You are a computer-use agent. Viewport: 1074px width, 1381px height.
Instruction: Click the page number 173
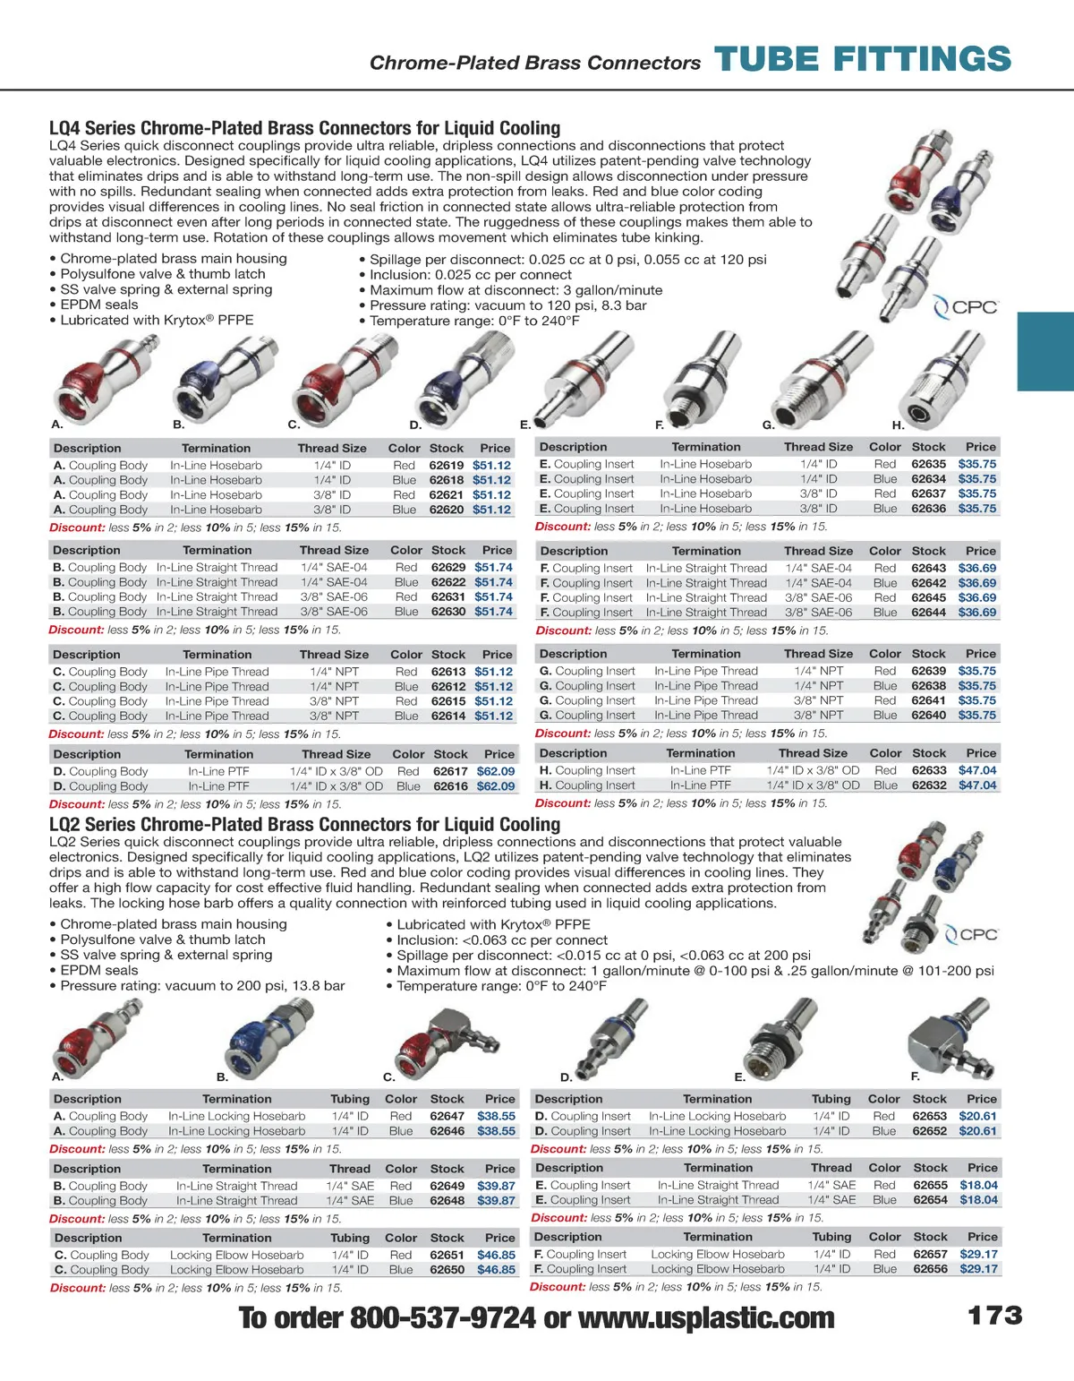click(994, 1316)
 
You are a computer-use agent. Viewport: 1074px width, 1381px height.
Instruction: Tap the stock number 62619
click(447, 466)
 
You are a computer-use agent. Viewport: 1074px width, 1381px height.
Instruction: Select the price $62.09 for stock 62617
click(496, 771)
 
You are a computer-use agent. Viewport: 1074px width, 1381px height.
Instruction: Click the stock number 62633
click(929, 770)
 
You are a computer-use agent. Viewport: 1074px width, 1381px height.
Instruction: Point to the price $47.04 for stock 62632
click(977, 785)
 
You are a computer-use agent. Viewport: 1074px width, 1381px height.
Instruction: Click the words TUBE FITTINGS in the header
click(863, 60)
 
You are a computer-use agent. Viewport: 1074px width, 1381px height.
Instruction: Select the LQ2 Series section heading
click(304, 824)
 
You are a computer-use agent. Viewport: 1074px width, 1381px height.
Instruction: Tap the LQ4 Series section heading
click(304, 128)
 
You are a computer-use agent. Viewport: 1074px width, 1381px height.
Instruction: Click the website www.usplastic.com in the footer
click(706, 1317)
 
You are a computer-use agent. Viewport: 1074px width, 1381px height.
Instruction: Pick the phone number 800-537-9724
click(442, 1317)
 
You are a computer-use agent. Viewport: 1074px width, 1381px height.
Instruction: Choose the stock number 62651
click(447, 1255)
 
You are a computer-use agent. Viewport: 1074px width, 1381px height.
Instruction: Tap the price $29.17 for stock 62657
click(978, 1254)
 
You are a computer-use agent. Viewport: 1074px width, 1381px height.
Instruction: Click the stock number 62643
click(929, 568)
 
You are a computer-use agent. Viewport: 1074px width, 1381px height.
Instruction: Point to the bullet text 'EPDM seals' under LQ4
click(99, 305)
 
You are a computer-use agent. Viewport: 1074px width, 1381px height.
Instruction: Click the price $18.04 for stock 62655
click(978, 1185)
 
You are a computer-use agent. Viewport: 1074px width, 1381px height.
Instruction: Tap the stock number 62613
click(448, 672)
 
